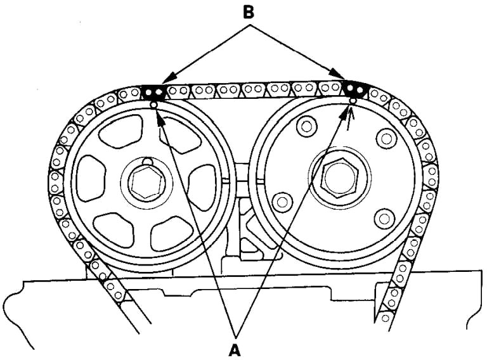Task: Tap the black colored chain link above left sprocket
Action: tap(153, 92)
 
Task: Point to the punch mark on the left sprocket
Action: tap(153, 103)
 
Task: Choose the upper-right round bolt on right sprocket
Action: tap(384, 137)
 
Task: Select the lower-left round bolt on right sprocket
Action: tap(280, 202)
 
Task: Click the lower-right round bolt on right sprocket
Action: tap(381, 220)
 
